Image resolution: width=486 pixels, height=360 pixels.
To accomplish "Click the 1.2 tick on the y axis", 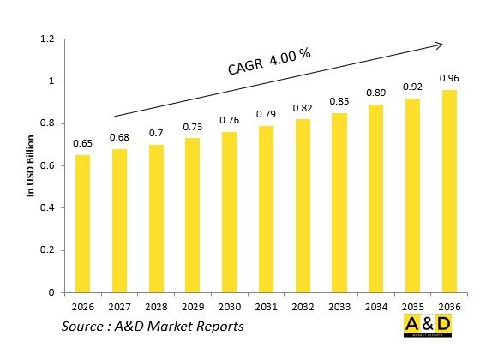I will click(46, 39).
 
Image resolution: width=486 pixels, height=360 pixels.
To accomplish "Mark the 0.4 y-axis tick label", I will click(46, 208).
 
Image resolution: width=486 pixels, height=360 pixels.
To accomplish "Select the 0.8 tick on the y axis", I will click(46, 123).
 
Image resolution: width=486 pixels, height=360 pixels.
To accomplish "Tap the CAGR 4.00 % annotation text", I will click(268, 63).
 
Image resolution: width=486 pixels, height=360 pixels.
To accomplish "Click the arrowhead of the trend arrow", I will click(441, 43).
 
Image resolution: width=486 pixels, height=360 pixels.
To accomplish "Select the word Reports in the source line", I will click(217, 327).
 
